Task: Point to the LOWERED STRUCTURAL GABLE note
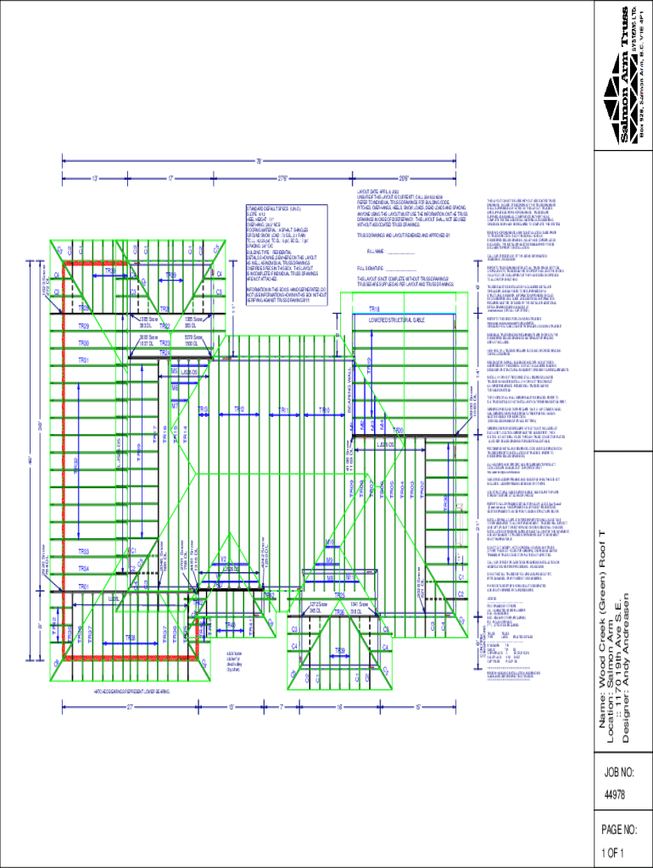tap(394, 321)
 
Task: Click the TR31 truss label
tap(84, 360)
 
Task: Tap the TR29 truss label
tap(84, 326)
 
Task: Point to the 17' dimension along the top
tap(170, 179)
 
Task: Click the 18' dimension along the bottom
tap(338, 706)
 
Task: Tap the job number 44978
tap(615, 795)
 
